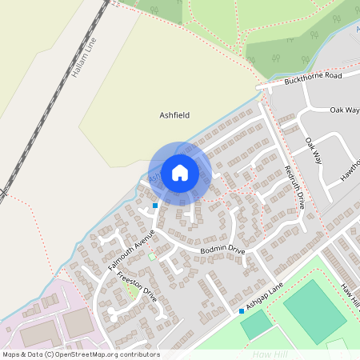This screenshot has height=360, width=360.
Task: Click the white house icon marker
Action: coord(180,172)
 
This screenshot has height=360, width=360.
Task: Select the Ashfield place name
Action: coord(174,115)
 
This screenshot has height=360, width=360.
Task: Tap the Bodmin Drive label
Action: coord(222,250)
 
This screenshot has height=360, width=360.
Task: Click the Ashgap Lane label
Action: coord(266,300)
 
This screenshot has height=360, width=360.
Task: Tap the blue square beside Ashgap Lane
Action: coord(241,310)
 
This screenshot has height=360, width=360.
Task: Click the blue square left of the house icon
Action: coord(155,206)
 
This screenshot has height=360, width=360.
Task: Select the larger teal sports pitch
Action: coord(314,311)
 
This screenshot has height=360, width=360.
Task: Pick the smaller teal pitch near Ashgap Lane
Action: coord(257,324)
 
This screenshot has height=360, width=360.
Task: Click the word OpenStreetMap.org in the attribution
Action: coord(89,354)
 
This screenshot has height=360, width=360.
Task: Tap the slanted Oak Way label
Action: coord(313,150)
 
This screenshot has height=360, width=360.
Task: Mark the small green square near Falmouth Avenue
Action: coord(152,257)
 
